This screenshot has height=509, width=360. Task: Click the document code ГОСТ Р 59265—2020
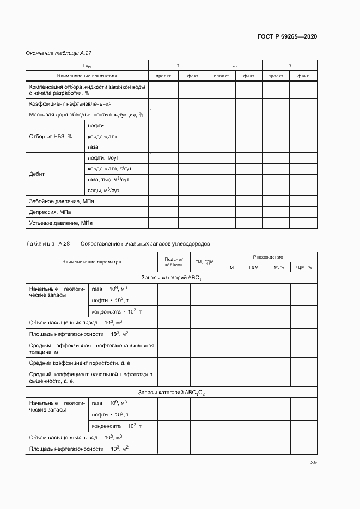287,36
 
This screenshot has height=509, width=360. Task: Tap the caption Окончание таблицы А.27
58,53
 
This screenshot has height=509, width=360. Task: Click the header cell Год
87,65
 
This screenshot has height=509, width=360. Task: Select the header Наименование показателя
87,76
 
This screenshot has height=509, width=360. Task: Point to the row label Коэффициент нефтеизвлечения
70,103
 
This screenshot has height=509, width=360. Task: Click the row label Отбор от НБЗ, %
51,136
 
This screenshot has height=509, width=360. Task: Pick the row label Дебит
37,174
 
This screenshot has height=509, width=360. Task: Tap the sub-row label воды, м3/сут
103,191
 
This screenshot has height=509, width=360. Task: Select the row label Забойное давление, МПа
62,201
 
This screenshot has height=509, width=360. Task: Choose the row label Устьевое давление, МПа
60,223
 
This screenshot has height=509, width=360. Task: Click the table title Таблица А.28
48,243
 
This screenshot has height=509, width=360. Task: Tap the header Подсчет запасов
174,262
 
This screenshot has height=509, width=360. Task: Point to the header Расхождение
268,257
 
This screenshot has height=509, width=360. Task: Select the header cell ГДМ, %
303,267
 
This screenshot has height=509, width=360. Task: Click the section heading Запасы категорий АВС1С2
172,392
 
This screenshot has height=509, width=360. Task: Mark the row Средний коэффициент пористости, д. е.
81,363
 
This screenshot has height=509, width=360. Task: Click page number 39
314,463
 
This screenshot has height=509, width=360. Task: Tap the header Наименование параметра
91,262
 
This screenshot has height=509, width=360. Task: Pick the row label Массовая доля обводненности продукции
86,114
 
